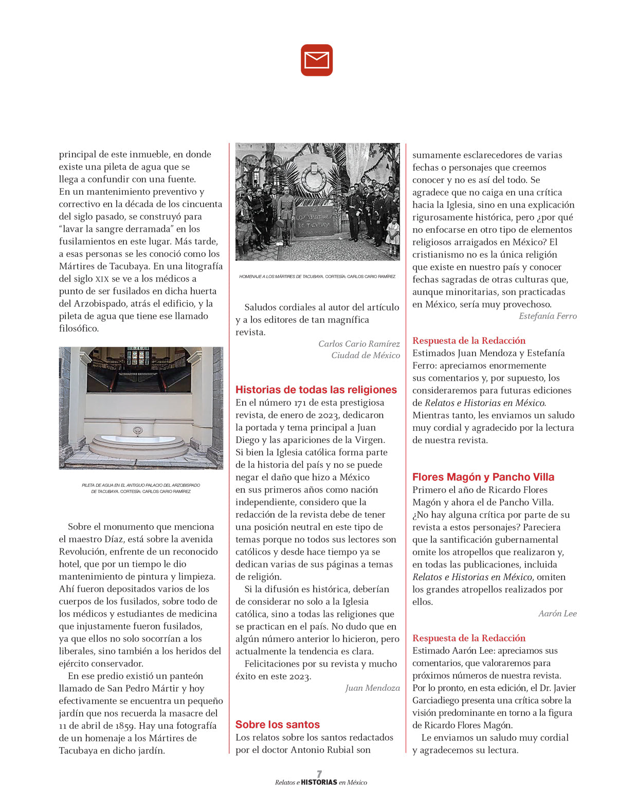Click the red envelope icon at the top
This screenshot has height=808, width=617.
pyautogui.click(x=317, y=60)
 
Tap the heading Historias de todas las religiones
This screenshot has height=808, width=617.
pyautogui.click(x=316, y=390)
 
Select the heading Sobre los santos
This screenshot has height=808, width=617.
pyautogui.click(x=278, y=724)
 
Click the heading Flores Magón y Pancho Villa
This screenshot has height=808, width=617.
pyautogui.click(x=483, y=477)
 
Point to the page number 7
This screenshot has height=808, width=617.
pyautogui.click(x=319, y=774)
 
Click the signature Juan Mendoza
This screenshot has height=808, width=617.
pyautogui.click(x=372, y=688)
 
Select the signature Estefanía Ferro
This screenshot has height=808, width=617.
pyautogui.click(x=548, y=316)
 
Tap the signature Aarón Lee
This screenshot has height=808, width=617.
pyautogui.click(x=557, y=613)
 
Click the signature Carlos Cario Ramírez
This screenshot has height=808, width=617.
pyautogui.click(x=359, y=344)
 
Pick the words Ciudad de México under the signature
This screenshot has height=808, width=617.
pyautogui.click(x=366, y=355)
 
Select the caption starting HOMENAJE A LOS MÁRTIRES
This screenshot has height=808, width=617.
pyautogui.click(x=317, y=277)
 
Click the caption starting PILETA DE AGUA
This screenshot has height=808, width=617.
pyautogui.click(x=141, y=488)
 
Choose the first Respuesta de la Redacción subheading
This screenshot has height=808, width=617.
pyautogui.click(x=469, y=340)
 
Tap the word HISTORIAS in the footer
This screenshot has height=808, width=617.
pyautogui.click(x=319, y=782)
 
